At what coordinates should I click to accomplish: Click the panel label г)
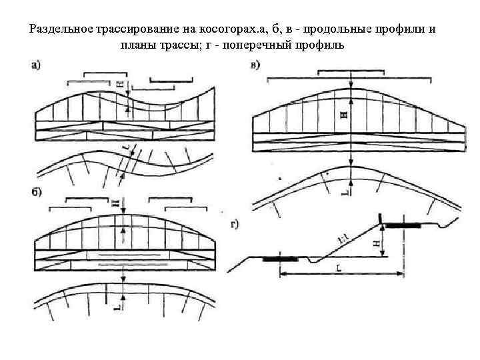[x=235, y=225]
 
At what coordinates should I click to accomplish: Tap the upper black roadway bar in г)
[x=403, y=226]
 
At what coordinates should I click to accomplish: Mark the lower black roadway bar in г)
[x=279, y=259]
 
